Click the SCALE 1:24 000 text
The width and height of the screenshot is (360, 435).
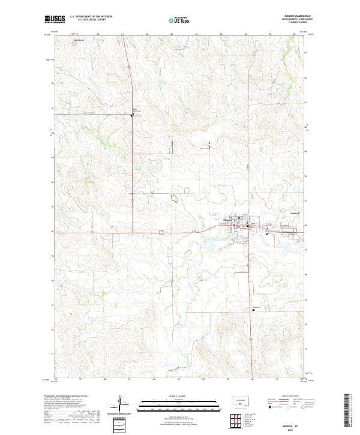pyautogui.click(x=179, y=397)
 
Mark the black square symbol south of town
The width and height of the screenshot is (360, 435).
pyautogui.click(x=253, y=310)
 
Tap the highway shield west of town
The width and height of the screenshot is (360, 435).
pyautogui.click(x=161, y=232)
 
